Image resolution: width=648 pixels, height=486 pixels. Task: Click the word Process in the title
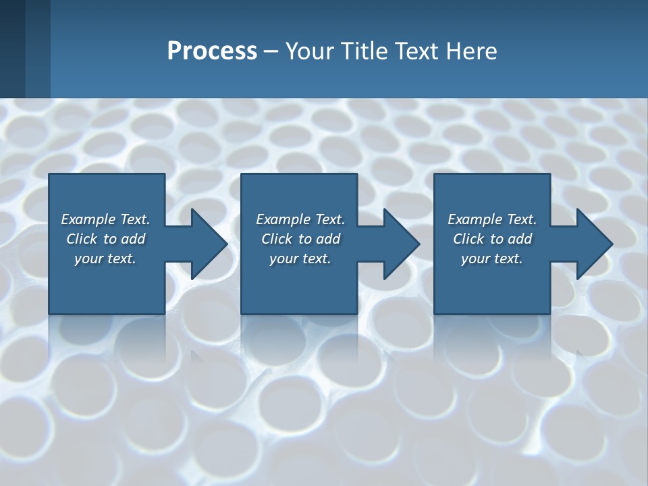(212, 51)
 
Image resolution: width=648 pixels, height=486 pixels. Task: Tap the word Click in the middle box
(277, 239)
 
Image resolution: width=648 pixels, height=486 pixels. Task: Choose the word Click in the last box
(468, 239)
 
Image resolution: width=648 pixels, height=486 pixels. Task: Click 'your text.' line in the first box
(105, 259)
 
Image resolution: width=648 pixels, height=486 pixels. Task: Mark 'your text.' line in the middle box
(300, 259)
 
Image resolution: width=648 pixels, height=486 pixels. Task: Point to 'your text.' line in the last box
(492, 259)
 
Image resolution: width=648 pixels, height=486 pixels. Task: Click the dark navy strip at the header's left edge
(12, 49)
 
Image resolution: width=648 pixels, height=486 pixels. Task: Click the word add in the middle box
(328, 239)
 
